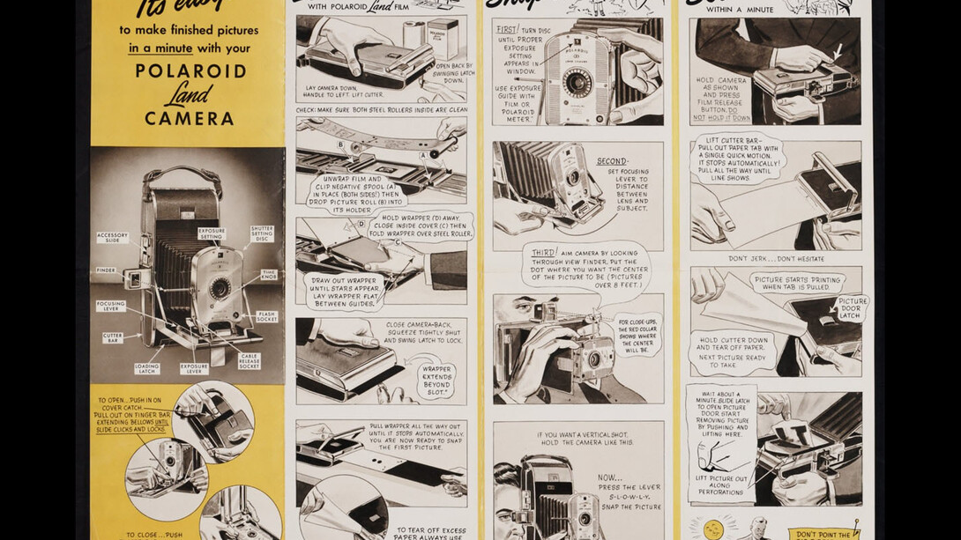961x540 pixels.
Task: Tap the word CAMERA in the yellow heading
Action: tap(190, 119)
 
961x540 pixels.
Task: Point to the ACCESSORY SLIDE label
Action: tap(113, 238)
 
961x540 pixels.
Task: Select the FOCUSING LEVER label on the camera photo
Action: tap(111, 306)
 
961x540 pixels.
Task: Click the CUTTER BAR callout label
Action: tap(112, 337)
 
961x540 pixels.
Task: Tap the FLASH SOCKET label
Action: tap(266, 316)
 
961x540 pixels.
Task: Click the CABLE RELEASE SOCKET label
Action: tap(249, 361)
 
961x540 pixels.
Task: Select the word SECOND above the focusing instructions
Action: tap(612, 161)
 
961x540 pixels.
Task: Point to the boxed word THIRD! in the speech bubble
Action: tap(544, 253)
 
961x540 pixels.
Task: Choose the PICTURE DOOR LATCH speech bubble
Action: tap(850, 308)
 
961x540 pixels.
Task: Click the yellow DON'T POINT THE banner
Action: tap(824, 533)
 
